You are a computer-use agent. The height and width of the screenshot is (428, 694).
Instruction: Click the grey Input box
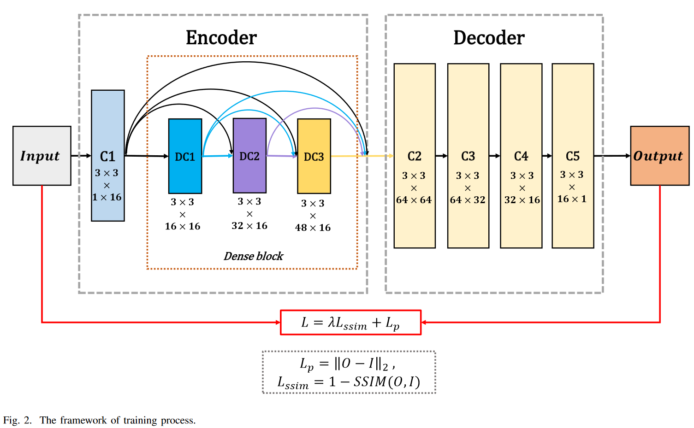(x=42, y=156)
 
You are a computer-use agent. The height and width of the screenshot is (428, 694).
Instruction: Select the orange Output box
(x=659, y=156)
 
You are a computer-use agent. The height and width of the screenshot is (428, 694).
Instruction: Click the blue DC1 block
(x=185, y=156)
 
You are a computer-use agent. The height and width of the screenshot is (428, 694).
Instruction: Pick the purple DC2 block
(x=249, y=156)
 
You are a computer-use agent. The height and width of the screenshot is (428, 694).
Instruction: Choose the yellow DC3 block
(x=314, y=156)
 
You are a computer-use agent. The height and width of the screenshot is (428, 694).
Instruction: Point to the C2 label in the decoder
(x=414, y=156)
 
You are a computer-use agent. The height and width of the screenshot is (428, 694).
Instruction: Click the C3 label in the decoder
(x=468, y=156)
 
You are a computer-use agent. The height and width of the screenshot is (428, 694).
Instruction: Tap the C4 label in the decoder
(x=521, y=156)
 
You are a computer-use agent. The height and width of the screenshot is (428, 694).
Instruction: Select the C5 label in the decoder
(x=573, y=156)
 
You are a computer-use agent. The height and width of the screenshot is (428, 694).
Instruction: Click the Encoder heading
(x=221, y=38)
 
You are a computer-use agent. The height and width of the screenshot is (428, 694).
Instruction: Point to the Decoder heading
(x=489, y=38)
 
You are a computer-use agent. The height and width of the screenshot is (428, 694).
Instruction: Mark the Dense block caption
(x=253, y=256)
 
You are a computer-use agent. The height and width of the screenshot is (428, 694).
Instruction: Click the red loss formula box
(x=350, y=322)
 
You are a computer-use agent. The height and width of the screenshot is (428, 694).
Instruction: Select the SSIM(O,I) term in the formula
(x=386, y=382)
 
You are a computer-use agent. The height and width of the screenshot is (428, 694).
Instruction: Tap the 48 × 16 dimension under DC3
(x=313, y=228)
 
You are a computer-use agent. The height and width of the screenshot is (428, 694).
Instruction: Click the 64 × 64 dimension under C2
(x=414, y=200)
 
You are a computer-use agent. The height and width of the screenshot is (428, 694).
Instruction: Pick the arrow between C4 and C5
(x=547, y=156)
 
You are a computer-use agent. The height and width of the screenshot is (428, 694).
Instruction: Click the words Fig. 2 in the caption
(x=18, y=420)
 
